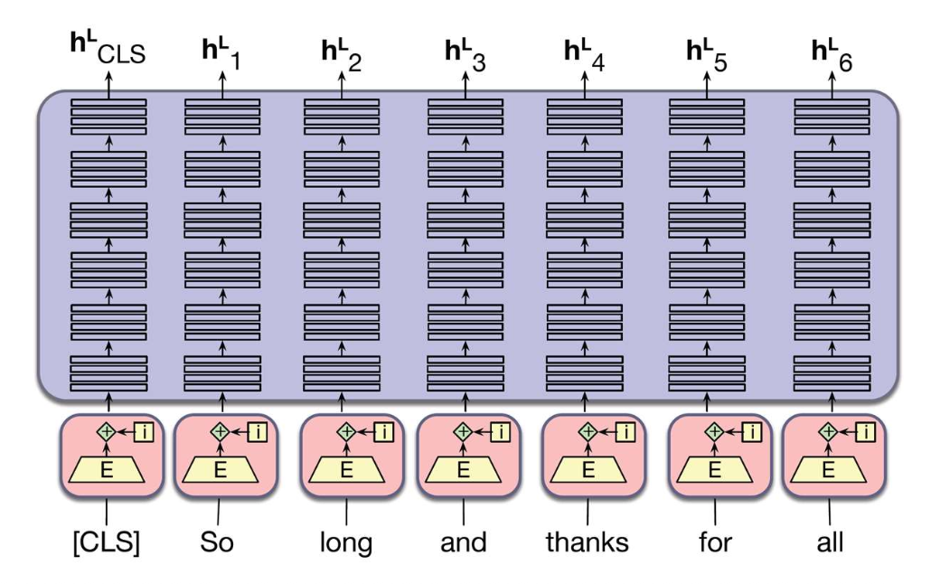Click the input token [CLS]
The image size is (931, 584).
[x=107, y=542]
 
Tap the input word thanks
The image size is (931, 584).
[x=588, y=542]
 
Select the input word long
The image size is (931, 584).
[x=345, y=542]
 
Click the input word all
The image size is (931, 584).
[x=828, y=542]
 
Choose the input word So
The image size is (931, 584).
[x=217, y=542]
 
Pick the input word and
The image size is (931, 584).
[x=463, y=542]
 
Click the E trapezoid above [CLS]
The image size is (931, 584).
[x=108, y=469]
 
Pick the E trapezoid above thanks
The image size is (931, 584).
[x=588, y=469]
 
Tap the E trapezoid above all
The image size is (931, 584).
[x=828, y=469]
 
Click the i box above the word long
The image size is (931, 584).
[x=384, y=432]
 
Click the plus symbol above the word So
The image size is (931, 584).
[x=219, y=432]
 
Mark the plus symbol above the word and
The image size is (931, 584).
[x=463, y=432]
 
